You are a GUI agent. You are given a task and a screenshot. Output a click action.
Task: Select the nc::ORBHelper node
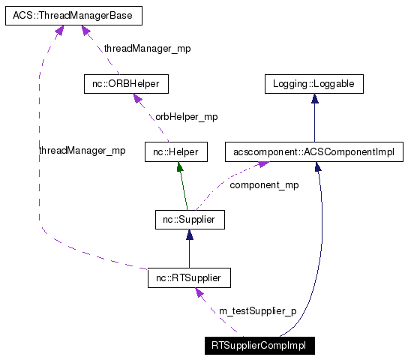point(126,84)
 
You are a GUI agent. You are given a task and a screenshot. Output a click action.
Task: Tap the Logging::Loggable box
point(314,84)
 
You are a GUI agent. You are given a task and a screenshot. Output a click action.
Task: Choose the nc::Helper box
point(175,152)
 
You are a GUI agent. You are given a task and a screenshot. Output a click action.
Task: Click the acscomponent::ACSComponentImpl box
point(314,152)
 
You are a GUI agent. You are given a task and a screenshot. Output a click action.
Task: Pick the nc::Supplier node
point(188,220)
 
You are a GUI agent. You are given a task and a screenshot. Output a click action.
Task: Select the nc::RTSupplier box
point(188,279)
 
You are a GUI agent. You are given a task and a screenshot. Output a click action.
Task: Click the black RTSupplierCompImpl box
point(260,346)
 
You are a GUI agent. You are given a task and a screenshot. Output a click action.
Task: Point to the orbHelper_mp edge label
point(186,117)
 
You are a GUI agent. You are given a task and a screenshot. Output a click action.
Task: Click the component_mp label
point(263,184)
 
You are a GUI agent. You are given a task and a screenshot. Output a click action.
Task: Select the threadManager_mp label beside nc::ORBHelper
point(147,48)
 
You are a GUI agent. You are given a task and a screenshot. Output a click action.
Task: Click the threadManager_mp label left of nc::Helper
point(82,151)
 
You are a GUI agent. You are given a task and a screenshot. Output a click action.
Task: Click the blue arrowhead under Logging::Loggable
point(314,99)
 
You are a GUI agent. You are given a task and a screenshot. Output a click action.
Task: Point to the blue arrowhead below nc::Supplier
point(188,235)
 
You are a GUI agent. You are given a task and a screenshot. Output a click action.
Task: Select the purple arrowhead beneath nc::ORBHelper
point(137,98)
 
